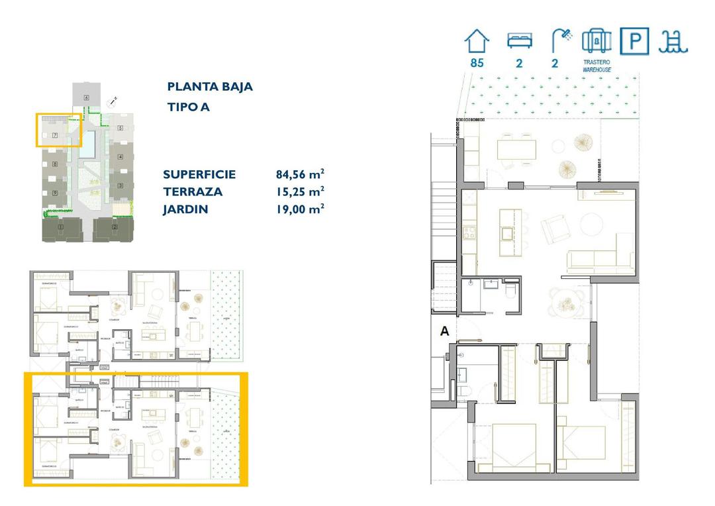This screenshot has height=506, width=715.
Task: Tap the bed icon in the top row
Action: click(x=519, y=41)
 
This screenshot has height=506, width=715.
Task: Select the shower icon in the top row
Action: click(x=561, y=41)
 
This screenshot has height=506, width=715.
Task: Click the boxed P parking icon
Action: click(x=634, y=41)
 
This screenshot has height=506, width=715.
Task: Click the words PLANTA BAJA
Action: click(x=210, y=87)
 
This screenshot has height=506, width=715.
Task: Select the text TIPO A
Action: click(x=188, y=107)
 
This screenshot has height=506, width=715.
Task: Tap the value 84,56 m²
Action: click(x=300, y=175)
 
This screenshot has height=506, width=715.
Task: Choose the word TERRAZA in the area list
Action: click(x=193, y=192)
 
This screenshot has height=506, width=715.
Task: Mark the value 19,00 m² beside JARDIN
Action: click(x=300, y=209)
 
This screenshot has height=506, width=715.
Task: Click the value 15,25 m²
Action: click(x=300, y=192)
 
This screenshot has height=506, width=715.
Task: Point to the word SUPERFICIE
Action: click(x=199, y=175)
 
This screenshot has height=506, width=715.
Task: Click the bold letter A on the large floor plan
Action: click(x=445, y=332)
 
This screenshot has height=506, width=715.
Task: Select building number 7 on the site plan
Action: click(x=55, y=135)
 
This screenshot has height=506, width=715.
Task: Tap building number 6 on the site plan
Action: click(x=87, y=98)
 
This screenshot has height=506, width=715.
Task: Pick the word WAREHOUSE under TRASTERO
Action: click(x=596, y=69)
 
